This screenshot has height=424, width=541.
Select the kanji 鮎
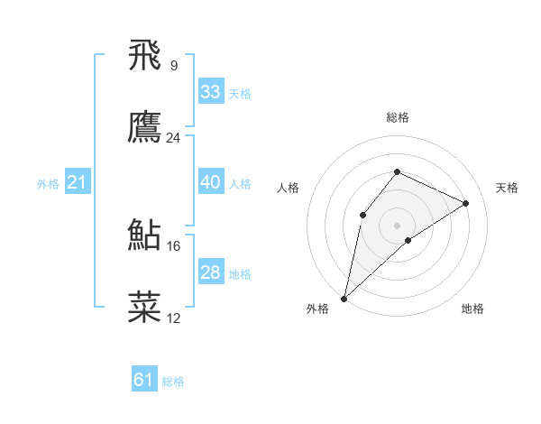pos(145,235)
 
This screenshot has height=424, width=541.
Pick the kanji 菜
pos(145,307)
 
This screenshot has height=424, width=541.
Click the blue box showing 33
pos(211,91)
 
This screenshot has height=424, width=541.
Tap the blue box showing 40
pos(211,182)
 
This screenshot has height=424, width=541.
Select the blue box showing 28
pos(211,272)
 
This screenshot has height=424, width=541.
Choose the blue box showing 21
pos(77,183)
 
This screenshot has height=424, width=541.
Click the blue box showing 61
pos(144,380)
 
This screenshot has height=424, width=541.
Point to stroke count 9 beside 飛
pos(173,65)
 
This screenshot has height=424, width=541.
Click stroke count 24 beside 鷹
pos(174,138)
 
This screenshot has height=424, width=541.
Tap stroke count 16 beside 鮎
pos(174,245)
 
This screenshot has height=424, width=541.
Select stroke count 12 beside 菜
pos(174,318)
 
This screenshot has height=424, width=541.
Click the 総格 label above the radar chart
pos(397,117)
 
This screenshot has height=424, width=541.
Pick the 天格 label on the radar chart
pos(507,188)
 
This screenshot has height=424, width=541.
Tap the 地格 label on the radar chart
pos(472,309)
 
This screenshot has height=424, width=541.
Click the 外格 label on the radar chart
pos(317,309)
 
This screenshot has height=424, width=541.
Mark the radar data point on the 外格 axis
pos(344,298)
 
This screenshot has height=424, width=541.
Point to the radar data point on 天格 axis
pos(466,203)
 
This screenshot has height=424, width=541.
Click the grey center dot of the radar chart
pos(397,225)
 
